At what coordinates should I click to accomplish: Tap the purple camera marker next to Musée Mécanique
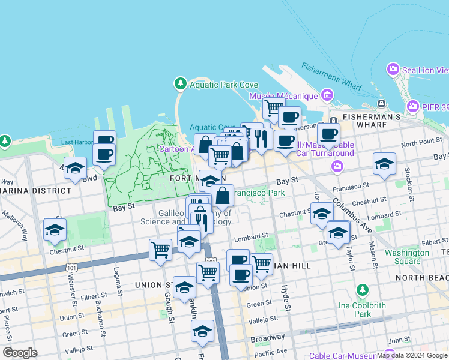[327, 95]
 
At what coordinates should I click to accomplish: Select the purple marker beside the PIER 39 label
[412, 107]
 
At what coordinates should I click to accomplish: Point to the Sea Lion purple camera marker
[394, 70]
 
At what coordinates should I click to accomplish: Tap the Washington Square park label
[407, 257]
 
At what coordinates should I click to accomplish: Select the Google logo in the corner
[20, 353]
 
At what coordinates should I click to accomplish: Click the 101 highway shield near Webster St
[72, 267]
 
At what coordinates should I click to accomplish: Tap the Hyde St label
[287, 299]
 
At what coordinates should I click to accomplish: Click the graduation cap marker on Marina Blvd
[76, 168]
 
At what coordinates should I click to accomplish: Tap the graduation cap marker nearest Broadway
[202, 330]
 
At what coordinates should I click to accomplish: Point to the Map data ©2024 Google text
[412, 356]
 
